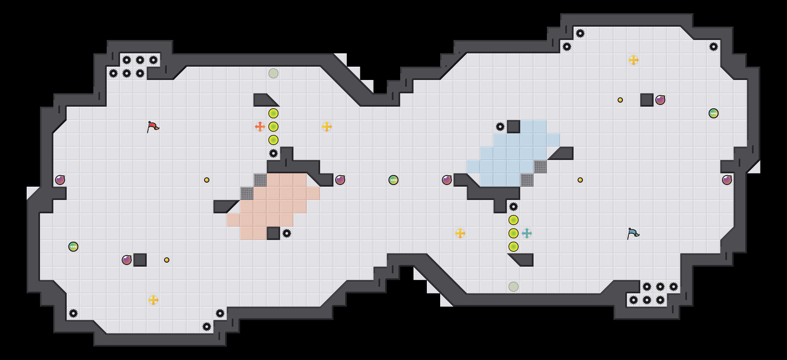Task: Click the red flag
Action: pos(153,127)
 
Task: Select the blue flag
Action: pos(633,233)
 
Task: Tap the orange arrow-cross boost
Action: pos(260,127)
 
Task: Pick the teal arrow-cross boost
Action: pos(527,233)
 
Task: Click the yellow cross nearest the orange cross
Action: pos(327,127)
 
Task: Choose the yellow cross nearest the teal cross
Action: pos(460,233)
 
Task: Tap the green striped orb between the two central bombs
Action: pos(393,180)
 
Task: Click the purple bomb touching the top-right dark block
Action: pos(660,100)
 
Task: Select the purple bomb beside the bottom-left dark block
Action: pos(127,260)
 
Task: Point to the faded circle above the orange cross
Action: pos(273,73)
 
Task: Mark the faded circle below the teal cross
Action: pos(514,287)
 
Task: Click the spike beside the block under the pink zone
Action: pos(287,233)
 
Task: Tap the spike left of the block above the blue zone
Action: pos(500,127)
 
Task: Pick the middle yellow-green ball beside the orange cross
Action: pos(273,127)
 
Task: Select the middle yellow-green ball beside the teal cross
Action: pos(514,233)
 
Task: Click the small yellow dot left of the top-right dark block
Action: pos(620,100)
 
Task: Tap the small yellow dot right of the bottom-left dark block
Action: pos(167,260)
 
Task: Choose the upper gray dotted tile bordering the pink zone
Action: pos(260,180)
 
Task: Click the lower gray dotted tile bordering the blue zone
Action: pos(527,180)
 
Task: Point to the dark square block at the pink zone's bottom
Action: pos(273,233)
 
